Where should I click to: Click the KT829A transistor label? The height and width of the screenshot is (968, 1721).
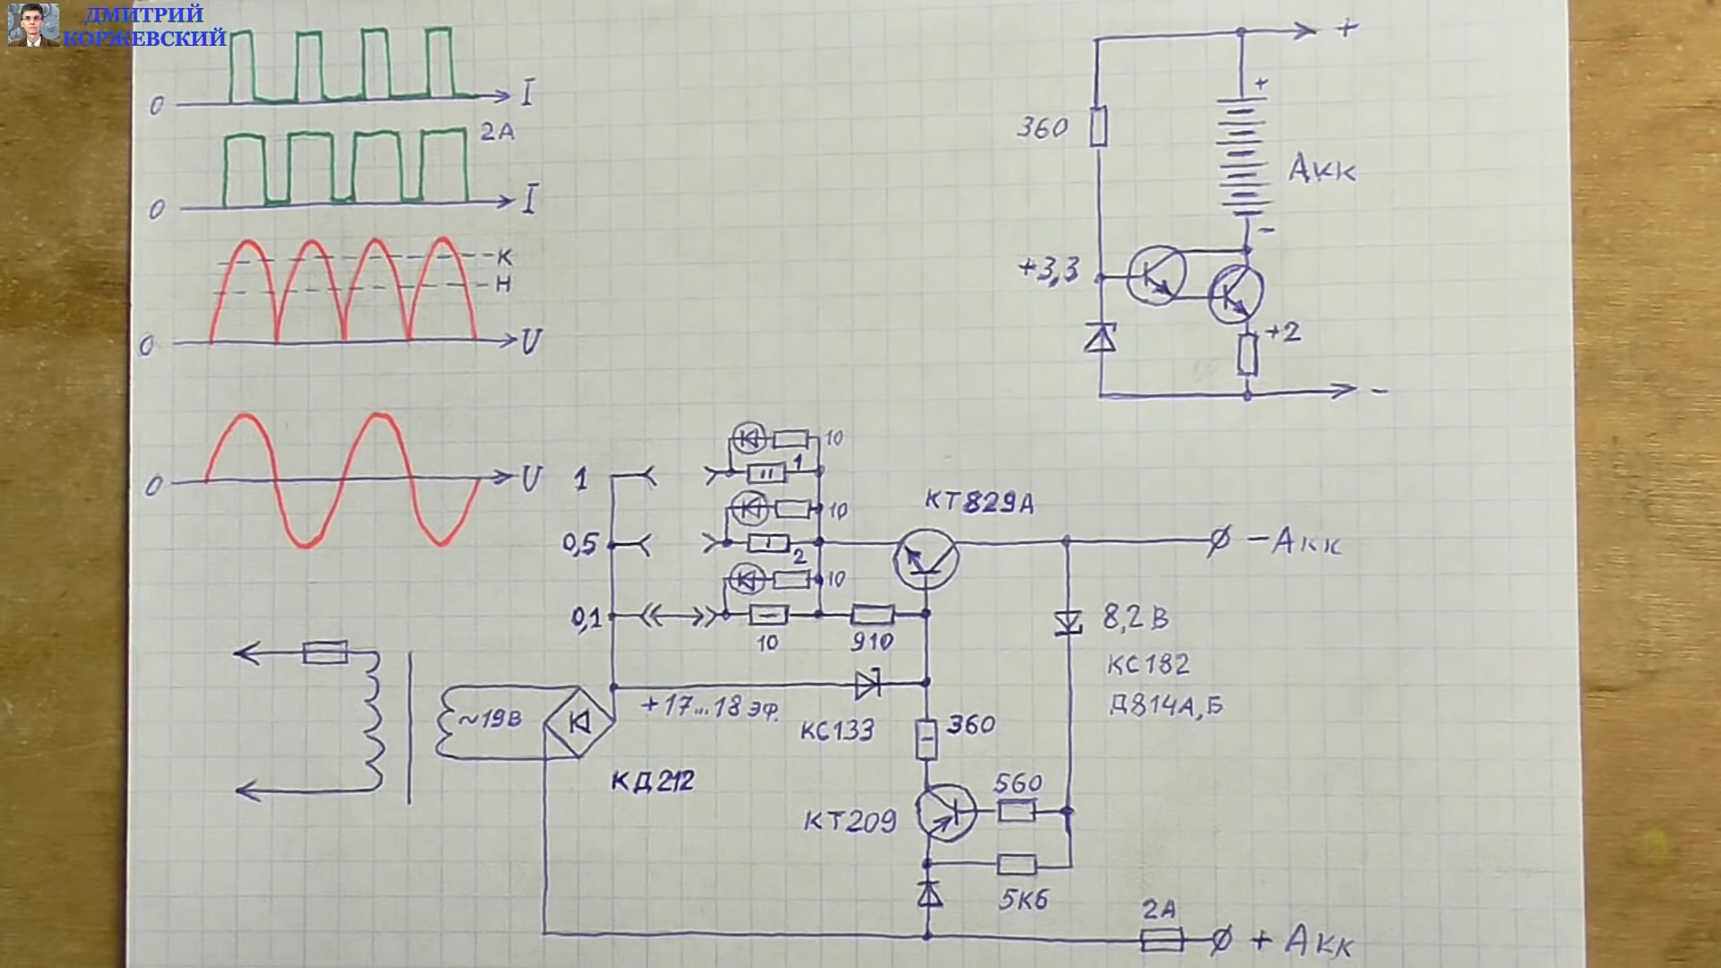click(979, 502)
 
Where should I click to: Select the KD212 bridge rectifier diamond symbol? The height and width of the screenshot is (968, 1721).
click(578, 722)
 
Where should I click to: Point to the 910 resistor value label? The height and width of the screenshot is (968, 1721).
click(872, 642)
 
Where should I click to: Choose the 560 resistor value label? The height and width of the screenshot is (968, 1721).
click(1018, 783)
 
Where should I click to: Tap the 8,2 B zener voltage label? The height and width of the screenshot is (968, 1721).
click(1135, 618)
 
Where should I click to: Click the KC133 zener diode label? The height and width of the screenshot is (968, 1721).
click(837, 731)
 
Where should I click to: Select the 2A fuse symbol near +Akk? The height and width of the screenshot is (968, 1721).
click(1162, 940)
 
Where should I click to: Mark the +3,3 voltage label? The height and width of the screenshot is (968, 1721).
click(1049, 271)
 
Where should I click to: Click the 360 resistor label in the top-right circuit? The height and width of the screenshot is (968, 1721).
click(1041, 128)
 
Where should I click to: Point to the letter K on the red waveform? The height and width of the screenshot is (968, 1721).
click(506, 256)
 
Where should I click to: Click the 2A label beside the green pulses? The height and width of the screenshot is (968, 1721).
click(497, 132)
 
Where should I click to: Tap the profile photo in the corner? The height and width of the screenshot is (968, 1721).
click(32, 24)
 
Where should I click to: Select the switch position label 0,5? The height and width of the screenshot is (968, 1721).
click(579, 544)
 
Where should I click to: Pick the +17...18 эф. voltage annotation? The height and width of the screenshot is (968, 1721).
click(710, 707)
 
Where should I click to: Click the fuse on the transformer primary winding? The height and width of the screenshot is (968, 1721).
click(325, 653)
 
